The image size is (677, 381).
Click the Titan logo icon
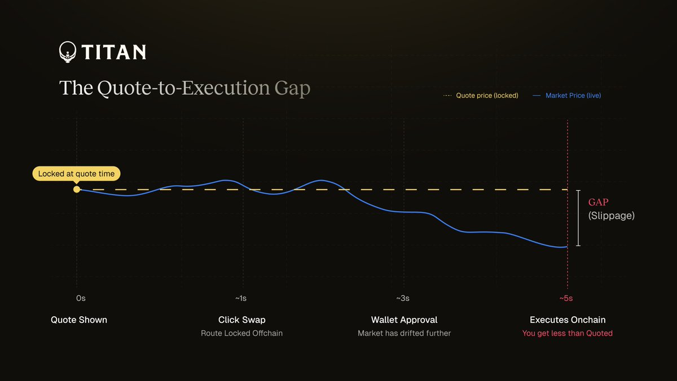coord(68,52)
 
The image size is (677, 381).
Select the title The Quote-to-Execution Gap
coord(184,89)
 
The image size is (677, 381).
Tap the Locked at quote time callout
coord(77,174)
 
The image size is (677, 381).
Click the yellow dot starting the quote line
coord(77,190)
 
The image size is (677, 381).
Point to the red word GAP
coord(599,202)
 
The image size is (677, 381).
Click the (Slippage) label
coord(611,216)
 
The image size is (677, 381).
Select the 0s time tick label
coord(81,298)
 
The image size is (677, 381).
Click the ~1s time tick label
coord(241,298)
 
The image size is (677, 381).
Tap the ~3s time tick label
coord(402,298)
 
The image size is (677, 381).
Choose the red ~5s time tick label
coord(566,298)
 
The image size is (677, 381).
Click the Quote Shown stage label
coord(79,319)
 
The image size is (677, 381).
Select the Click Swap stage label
coord(241,319)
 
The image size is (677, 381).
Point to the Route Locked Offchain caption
coord(241,333)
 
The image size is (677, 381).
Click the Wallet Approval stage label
coord(404,319)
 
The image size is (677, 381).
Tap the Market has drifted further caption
coord(404,333)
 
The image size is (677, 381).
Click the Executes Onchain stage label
coord(568,319)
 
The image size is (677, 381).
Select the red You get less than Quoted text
coord(567,333)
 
